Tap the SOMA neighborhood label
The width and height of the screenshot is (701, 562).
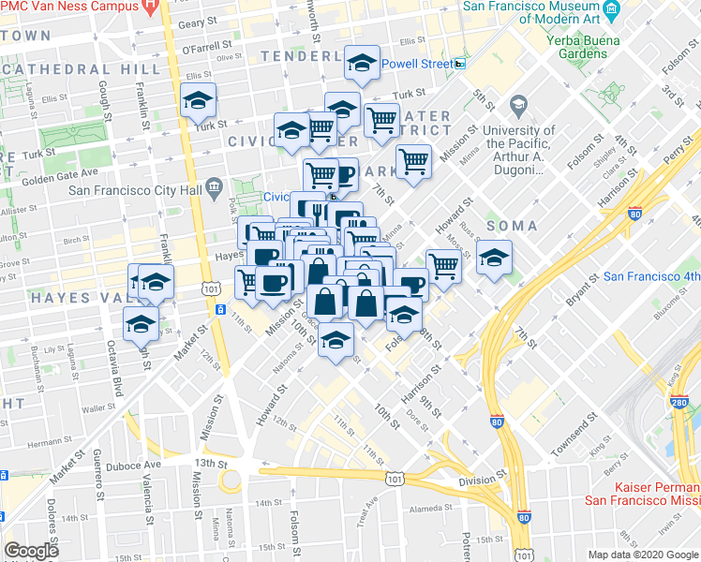click(512, 226)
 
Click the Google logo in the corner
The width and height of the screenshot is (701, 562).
click(32, 551)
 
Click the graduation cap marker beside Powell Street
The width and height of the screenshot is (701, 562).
click(362, 64)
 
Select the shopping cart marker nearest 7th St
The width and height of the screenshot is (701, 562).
click(413, 161)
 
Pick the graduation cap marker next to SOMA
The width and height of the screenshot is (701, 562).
click(493, 258)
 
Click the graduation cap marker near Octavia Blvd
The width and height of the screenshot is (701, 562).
click(141, 325)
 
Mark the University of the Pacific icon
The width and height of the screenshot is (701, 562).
click(517, 104)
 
